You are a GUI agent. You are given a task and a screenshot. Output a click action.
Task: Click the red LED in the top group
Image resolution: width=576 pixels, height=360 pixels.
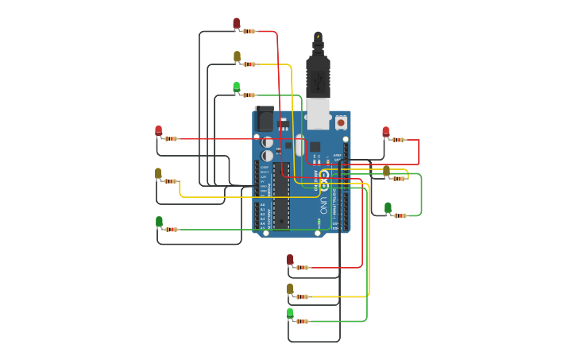tap(236, 23)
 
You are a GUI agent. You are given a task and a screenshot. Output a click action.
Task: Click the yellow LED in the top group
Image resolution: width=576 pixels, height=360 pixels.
tap(237, 56)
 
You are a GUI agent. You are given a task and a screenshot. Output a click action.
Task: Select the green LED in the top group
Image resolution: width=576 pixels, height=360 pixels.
tap(236, 87)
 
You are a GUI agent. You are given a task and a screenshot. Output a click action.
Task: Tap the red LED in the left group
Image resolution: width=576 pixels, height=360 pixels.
tap(158, 130)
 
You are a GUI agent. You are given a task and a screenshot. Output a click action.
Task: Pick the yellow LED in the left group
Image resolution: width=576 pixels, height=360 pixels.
tap(158, 173)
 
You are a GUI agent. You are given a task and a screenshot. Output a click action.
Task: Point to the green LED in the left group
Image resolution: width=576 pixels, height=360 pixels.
tap(159, 222)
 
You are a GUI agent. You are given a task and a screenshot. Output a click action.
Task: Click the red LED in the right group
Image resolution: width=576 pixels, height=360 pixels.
tap(385, 132)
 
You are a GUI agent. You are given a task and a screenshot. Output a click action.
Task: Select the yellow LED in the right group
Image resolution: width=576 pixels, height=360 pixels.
tap(386, 171)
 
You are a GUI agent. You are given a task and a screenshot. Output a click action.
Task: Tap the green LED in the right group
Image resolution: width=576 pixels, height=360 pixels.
tap(388, 207)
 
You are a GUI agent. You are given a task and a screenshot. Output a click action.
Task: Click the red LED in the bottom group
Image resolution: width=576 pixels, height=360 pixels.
tap(290, 259)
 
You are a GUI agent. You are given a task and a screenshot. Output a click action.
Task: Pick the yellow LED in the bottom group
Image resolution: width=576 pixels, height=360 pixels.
tap(290, 288)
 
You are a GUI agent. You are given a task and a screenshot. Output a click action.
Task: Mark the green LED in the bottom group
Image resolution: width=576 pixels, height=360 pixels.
tap(290, 313)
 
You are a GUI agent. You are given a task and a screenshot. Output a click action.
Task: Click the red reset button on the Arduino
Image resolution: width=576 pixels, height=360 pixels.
tap(341, 122)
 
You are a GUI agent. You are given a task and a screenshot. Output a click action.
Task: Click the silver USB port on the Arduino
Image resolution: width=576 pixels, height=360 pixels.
tap(319, 113)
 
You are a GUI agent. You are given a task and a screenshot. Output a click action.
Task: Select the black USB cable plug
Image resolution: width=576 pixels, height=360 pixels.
tap(318, 75)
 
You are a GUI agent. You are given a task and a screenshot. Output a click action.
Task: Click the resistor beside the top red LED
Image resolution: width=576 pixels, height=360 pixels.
tap(249, 32)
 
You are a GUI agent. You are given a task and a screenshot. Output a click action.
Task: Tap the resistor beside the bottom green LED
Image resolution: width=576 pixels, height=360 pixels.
tap(302, 321)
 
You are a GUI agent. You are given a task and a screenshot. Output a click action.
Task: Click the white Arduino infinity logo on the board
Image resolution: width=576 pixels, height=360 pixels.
tap(324, 176)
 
